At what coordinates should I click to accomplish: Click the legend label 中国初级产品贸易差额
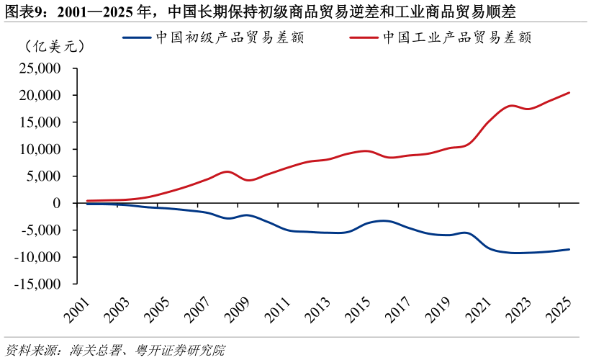[230, 38]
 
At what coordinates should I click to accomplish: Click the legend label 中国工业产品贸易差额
[457, 38]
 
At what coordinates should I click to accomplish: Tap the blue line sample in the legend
[137, 38]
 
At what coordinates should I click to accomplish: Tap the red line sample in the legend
[364, 38]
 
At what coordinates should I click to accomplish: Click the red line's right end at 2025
[569, 92]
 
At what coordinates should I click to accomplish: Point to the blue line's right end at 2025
[569, 249]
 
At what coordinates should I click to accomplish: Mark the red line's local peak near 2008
[228, 171]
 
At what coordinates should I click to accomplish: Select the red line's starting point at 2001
[87, 201]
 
